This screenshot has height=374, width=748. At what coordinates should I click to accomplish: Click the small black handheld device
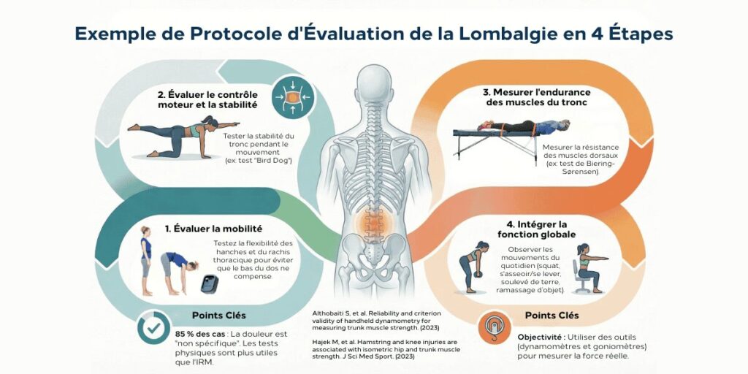[210, 283]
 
